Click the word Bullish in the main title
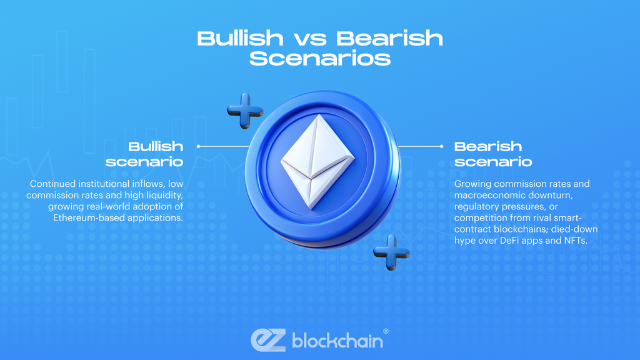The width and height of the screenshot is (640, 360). [239, 38]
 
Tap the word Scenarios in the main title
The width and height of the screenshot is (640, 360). [320, 59]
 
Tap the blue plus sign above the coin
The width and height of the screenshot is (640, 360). [245, 111]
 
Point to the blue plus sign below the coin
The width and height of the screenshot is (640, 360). [391, 252]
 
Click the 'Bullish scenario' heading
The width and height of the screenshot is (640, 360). [150, 154]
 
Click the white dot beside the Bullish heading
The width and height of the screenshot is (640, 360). [198, 146]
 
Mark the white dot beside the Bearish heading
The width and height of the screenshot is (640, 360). [441, 146]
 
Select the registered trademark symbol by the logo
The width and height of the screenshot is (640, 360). [385, 331]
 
